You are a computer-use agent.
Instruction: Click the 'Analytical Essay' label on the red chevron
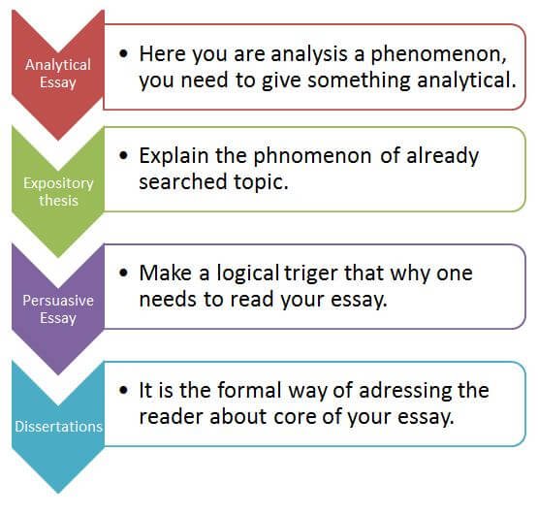click(58, 74)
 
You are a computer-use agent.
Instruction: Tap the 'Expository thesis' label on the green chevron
click(58, 192)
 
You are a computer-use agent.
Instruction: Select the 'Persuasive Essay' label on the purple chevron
click(58, 309)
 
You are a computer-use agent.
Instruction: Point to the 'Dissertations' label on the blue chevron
click(58, 427)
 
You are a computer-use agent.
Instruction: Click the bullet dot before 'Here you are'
click(123, 53)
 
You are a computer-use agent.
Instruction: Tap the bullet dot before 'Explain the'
click(123, 155)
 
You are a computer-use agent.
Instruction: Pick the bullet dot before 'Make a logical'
click(123, 273)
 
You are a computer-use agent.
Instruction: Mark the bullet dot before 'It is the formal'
click(123, 390)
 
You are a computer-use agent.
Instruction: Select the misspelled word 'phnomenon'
click(312, 157)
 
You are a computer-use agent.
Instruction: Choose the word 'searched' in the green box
click(183, 181)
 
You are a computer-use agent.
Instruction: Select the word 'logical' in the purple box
click(248, 274)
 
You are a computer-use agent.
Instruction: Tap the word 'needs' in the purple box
click(168, 299)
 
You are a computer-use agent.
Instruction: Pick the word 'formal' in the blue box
click(249, 390)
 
